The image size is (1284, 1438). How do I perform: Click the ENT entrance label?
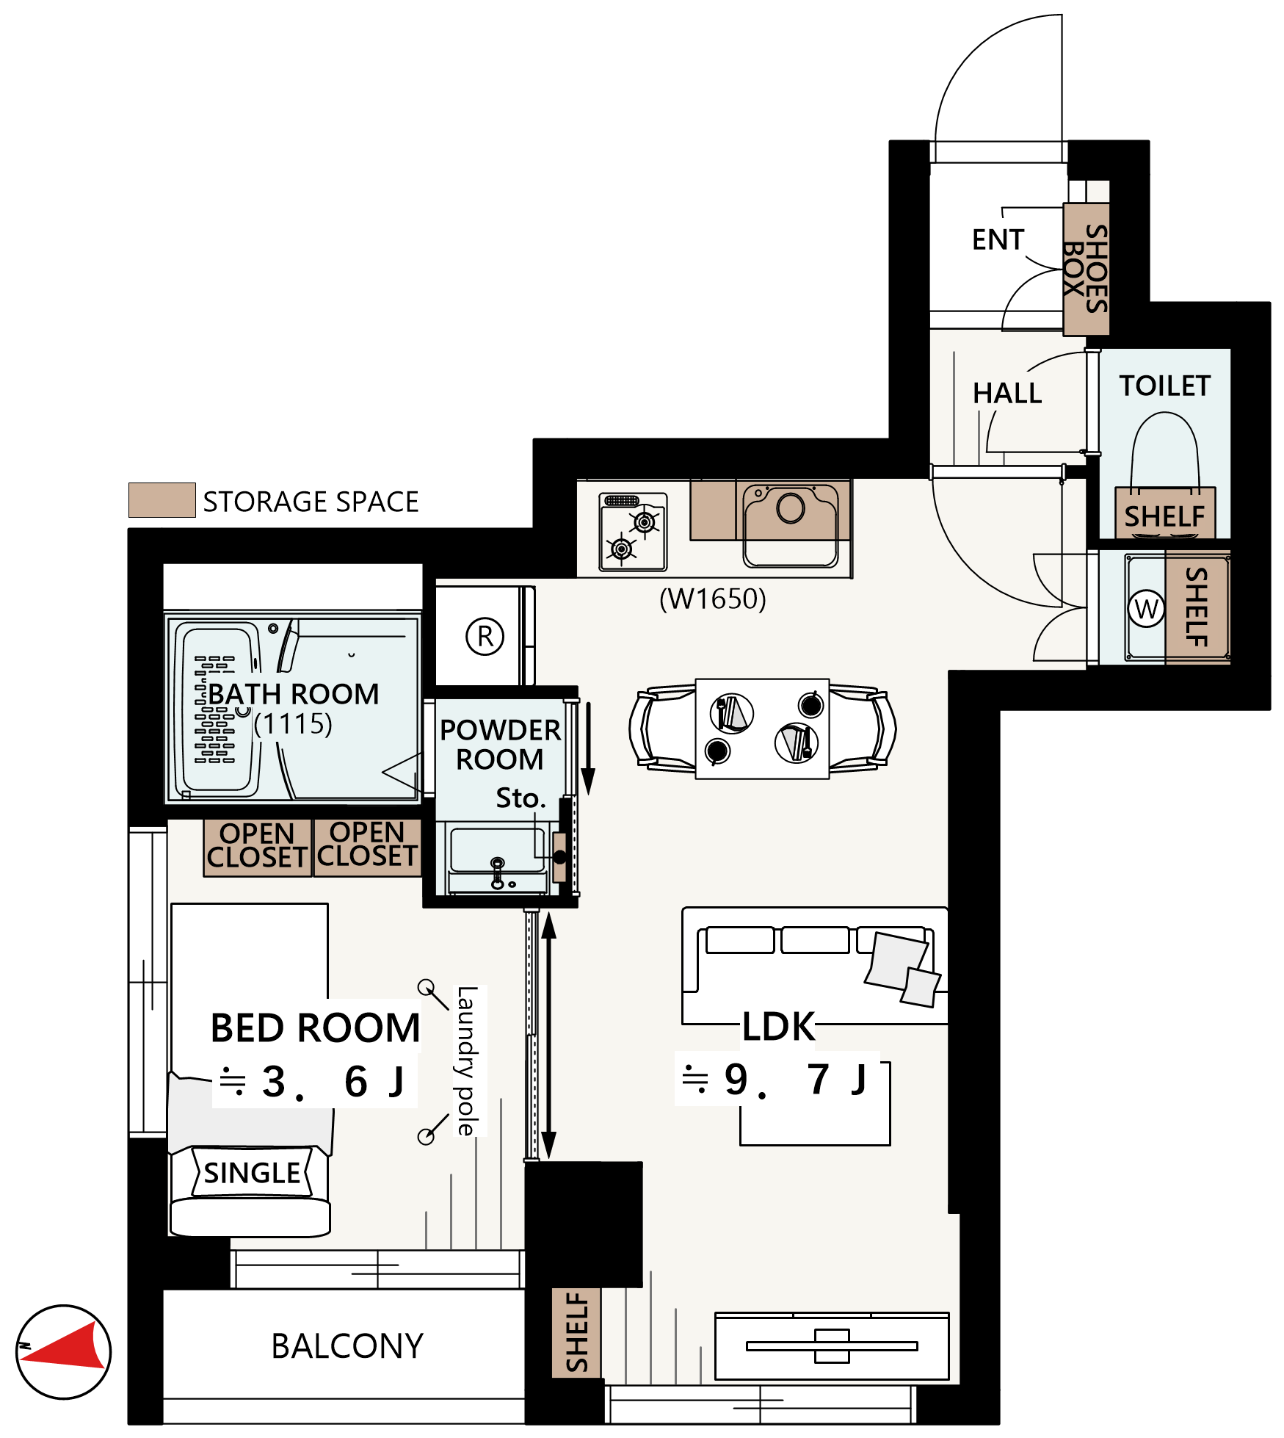point(998,239)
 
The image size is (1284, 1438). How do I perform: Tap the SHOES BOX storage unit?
point(1087,269)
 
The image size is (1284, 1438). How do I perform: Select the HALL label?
point(1007,394)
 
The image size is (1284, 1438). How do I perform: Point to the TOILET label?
point(1164,386)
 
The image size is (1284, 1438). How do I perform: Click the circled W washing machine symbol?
point(1146,608)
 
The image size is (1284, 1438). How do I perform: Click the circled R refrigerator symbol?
point(485,636)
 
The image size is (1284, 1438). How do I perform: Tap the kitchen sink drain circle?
point(791,508)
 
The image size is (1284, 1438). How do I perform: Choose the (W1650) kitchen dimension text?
point(712,599)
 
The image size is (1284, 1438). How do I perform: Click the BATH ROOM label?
point(294,694)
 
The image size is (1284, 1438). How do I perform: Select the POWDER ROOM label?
point(500,744)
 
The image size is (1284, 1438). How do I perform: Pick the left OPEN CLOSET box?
point(257,848)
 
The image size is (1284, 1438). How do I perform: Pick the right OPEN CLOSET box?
point(368,848)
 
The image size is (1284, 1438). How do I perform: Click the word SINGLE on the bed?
point(252,1173)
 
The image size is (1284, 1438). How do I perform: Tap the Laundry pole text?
point(467,1061)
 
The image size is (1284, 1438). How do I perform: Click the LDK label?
point(778,1027)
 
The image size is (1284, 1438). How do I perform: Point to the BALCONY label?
point(347,1346)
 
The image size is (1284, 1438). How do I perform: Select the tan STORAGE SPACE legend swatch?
point(162,500)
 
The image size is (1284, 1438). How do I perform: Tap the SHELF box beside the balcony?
point(576,1332)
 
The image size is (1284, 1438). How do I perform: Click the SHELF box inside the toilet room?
point(1165,513)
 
